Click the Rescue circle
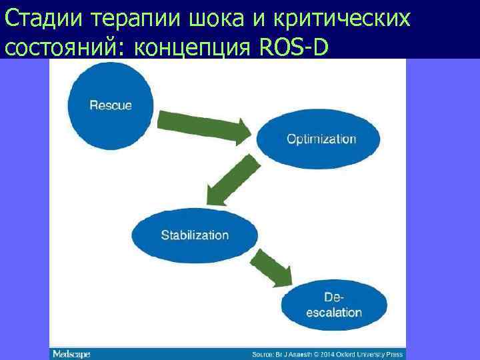click(111, 105)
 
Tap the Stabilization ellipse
click(195, 235)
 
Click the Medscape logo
click(71, 353)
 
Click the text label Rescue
click(111, 105)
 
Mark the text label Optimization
click(321, 139)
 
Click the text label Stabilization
click(195, 235)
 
